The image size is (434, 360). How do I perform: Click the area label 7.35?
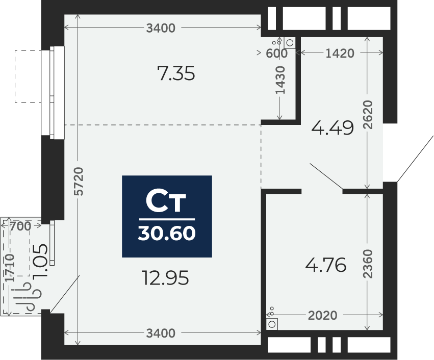click(176, 73)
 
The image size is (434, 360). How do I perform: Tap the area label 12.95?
click(165, 278)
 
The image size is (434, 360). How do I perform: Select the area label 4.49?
click(333, 128)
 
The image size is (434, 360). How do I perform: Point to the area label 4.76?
click(326, 265)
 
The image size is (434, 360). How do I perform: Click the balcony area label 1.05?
click(40, 261)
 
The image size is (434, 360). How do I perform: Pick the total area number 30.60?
click(167, 233)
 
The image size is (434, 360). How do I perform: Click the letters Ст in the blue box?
click(166, 201)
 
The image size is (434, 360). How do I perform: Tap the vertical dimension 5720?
click(79, 181)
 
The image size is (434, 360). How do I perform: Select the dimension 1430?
click(280, 80)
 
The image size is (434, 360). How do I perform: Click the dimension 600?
click(276, 54)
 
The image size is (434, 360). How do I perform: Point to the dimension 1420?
click(340, 54)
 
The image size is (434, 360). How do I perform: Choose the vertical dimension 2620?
click(368, 115)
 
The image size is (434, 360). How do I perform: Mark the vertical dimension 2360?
click(368, 264)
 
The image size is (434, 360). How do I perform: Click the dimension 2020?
click(323, 316)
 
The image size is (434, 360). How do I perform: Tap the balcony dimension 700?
click(20, 226)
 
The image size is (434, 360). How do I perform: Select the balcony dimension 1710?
click(10, 268)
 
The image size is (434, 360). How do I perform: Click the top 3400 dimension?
click(161, 28)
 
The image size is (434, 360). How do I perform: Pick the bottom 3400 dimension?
click(161, 333)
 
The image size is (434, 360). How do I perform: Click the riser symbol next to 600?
click(290, 43)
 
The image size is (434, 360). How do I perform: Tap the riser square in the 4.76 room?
click(272, 324)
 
